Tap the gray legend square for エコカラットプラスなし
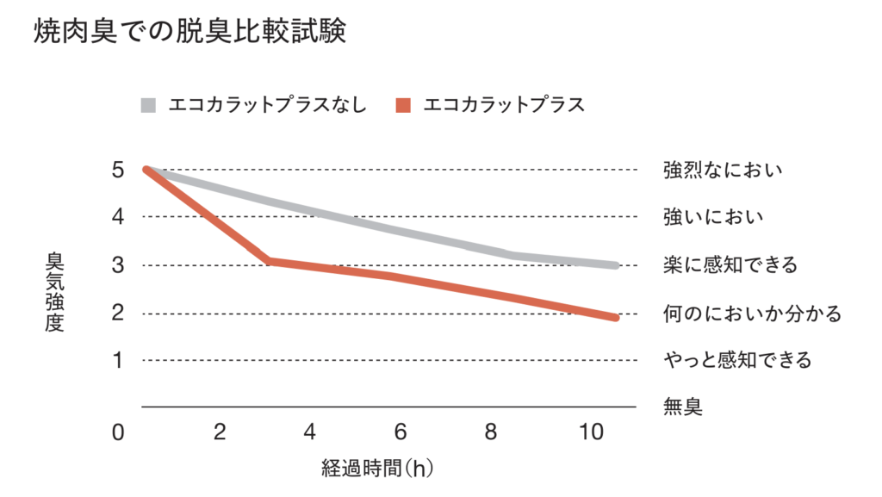pyautogui.click(x=149, y=106)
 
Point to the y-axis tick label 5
pyautogui.click(x=118, y=169)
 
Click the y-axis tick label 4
pyautogui.click(x=118, y=215)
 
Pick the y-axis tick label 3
pyautogui.click(x=118, y=264)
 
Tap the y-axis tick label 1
pyautogui.click(x=118, y=358)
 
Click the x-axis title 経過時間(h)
pyautogui.click(x=378, y=469)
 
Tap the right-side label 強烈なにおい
pyautogui.click(x=722, y=169)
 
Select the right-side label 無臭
pyautogui.click(x=682, y=406)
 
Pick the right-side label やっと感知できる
pyautogui.click(x=737, y=359)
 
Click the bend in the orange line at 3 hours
pyautogui.click(x=269, y=260)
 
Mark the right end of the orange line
pyautogui.click(x=616, y=318)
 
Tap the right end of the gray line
pyautogui.click(x=616, y=265)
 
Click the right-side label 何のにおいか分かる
pyautogui.click(x=751, y=312)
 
